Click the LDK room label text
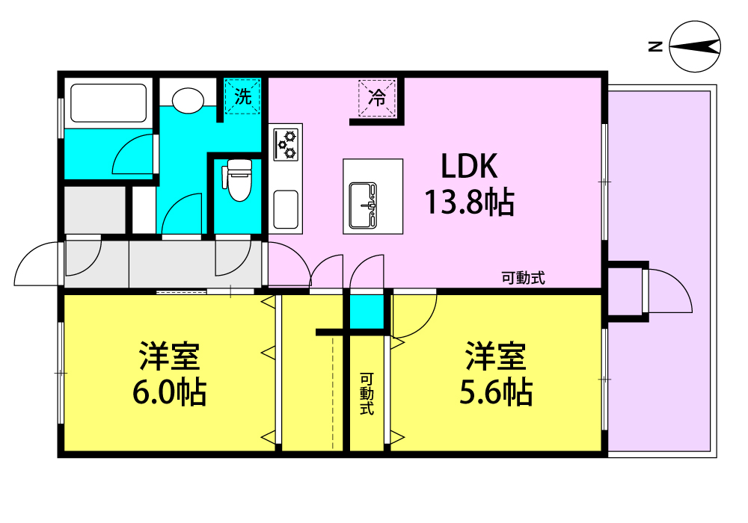click(x=469, y=166)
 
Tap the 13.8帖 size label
click(x=470, y=202)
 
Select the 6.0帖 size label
click(x=169, y=392)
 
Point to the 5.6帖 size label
click(x=496, y=392)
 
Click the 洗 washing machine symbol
click(x=243, y=96)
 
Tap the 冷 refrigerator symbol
click(x=377, y=98)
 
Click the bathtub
click(x=108, y=103)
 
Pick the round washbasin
click(x=188, y=101)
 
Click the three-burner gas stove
click(x=286, y=144)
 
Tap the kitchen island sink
click(x=363, y=205)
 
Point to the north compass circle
click(x=695, y=46)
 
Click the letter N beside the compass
click(x=655, y=46)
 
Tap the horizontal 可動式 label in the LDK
click(x=523, y=278)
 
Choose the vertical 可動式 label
click(x=367, y=394)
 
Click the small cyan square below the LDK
click(x=367, y=312)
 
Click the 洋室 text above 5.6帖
click(x=496, y=356)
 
